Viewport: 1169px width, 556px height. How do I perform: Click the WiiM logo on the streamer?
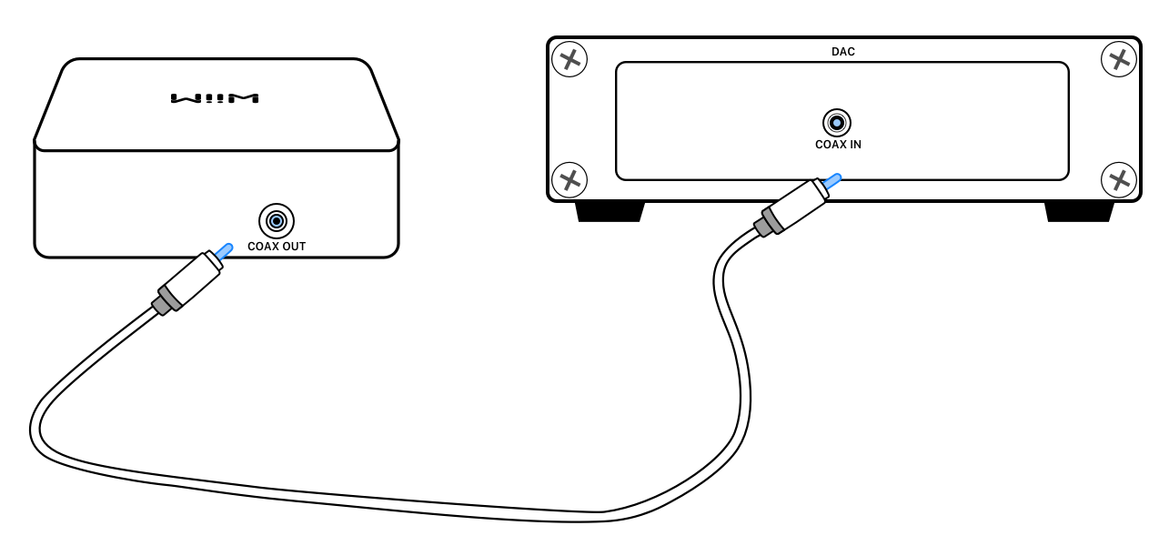click(215, 97)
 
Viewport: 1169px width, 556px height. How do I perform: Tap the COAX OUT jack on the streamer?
click(277, 221)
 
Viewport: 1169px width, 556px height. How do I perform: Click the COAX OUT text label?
click(277, 247)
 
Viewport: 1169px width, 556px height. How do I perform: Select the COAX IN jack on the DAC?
click(837, 123)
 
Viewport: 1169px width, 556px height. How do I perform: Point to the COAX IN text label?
click(838, 145)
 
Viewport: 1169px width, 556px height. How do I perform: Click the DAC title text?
click(843, 52)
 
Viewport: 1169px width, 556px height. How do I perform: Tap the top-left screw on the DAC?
click(570, 60)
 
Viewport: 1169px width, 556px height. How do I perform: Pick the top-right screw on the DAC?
click(1118, 60)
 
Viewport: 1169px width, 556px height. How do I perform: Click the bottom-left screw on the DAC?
click(570, 178)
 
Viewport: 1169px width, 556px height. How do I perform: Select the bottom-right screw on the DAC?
click(1118, 178)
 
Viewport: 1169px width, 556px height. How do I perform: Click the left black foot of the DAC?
click(610, 212)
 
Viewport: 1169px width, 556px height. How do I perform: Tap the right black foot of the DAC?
click(1079, 212)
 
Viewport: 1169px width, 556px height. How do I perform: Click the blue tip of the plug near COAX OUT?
click(222, 250)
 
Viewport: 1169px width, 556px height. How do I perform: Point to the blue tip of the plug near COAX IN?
click(831, 182)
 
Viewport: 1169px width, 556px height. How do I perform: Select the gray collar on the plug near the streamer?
click(165, 300)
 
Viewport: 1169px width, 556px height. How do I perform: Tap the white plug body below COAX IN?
click(798, 202)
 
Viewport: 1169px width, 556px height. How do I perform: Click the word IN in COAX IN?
click(854, 145)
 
